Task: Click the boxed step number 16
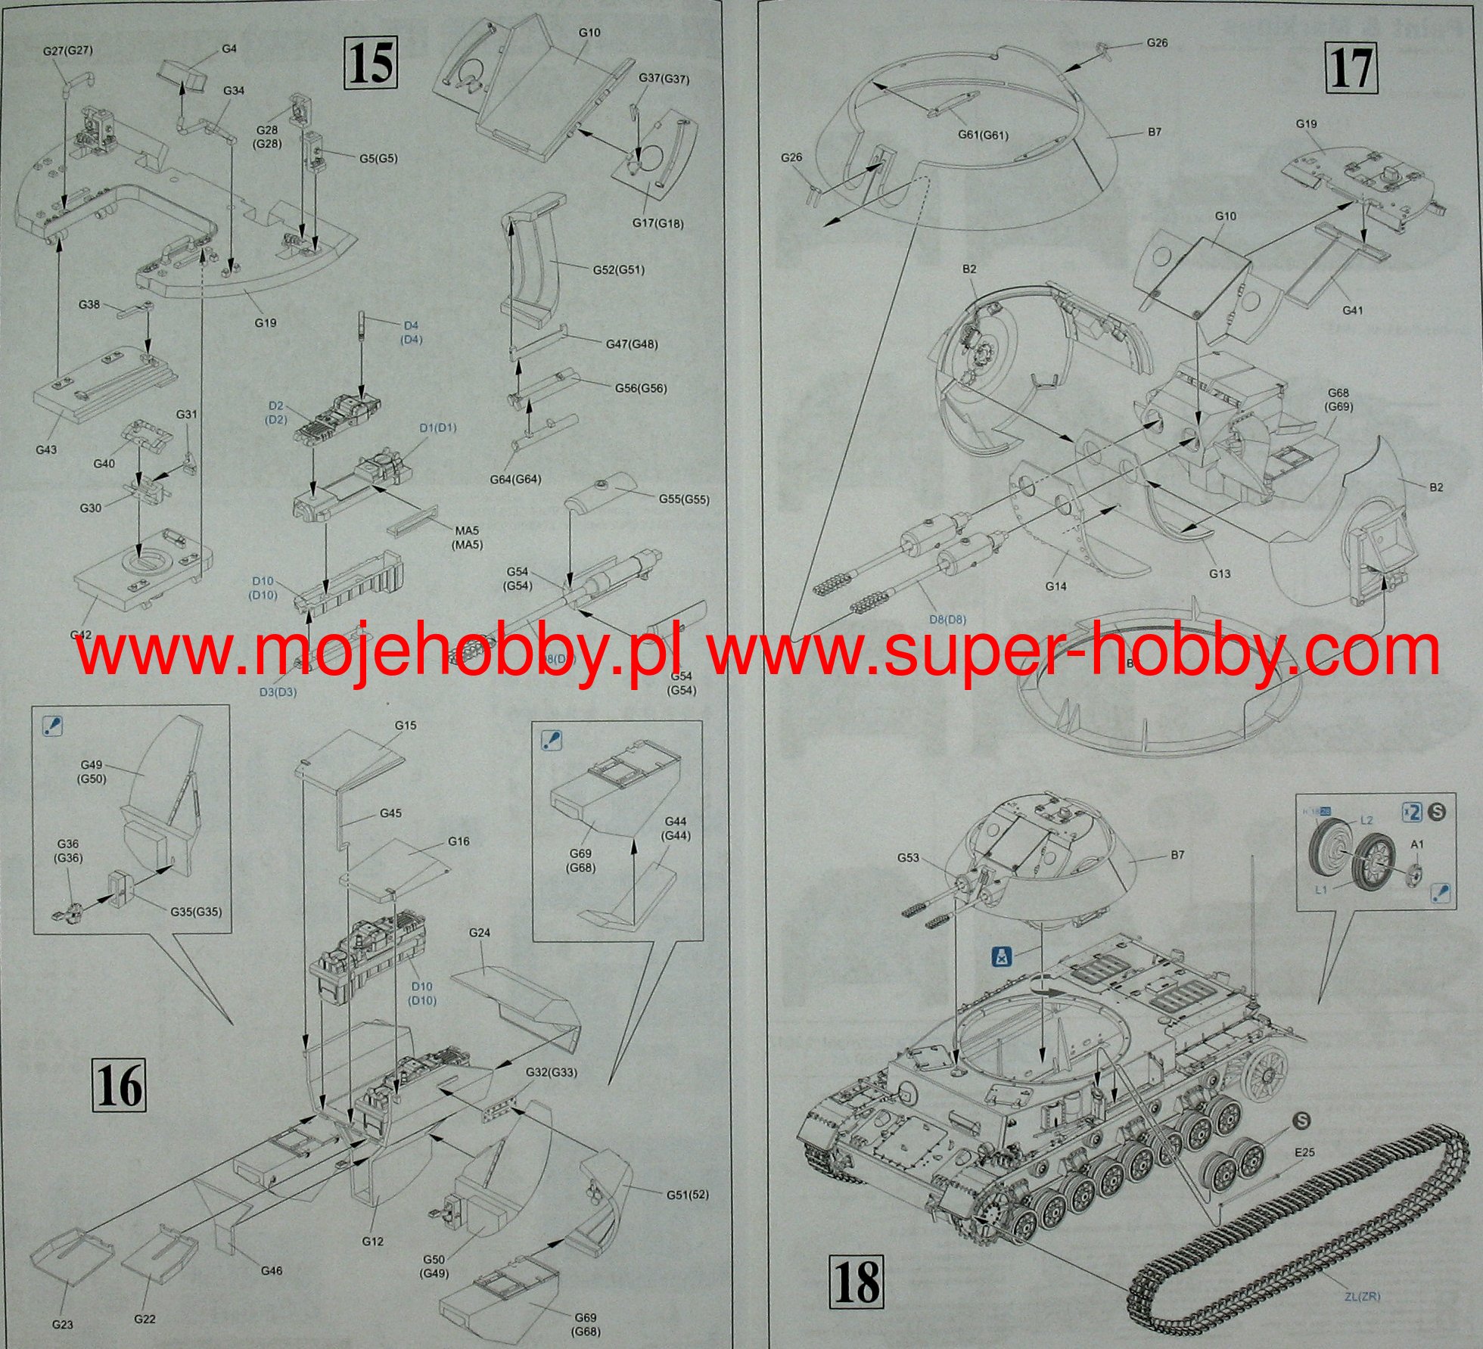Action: pyautogui.click(x=120, y=1089)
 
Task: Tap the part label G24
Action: pyautogui.click(x=479, y=933)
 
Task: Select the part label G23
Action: pyautogui.click(x=64, y=1324)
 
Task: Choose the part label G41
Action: pyautogui.click(x=1351, y=310)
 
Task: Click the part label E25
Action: pyautogui.click(x=1304, y=1153)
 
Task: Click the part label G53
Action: pyautogui.click(x=909, y=857)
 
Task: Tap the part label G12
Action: pyautogui.click(x=373, y=1242)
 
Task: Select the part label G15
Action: pyautogui.click(x=406, y=726)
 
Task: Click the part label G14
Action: pyautogui.click(x=1056, y=586)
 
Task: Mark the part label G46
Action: pyautogui.click(x=271, y=1271)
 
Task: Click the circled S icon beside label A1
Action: pyautogui.click(x=1438, y=812)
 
